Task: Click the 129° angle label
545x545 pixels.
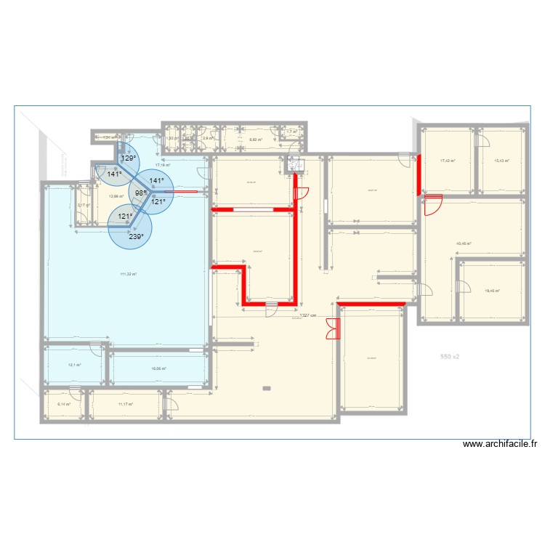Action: click(x=128, y=158)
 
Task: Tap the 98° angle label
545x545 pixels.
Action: click(x=140, y=193)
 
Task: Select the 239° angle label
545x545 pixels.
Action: click(x=136, y=236)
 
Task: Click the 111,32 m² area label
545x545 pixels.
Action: click(x=129, y=274)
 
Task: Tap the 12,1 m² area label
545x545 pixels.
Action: click(x=74, y=366)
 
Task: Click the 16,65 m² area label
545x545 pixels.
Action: click(x=158, y=368)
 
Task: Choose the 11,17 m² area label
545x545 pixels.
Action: click(x=126, y=404)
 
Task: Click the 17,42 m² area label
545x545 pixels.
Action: click(x=448, y=161)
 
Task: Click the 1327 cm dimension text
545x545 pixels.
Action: click(x=310, y=315)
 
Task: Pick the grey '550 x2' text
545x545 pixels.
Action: click(x=451, y=357)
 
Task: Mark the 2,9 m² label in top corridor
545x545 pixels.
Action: click(x=208, y=138)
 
